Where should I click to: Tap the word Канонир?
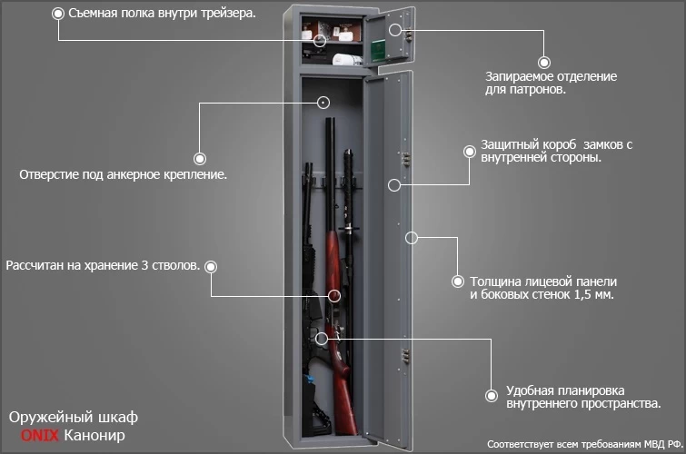tap(94, 437)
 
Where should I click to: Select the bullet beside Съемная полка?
tap(59, 15)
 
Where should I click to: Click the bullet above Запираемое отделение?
tap(544, 63)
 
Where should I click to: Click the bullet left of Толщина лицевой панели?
tap(458, 281)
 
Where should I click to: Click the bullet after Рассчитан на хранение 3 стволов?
tap(211, 266)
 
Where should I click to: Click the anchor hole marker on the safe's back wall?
tap(324, 103)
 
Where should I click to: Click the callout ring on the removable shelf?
tap(320, 40)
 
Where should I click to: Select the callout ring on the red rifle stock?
tap(333, 295)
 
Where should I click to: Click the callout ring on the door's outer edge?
tap(411, 238)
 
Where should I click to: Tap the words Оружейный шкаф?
tap(73, 418)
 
